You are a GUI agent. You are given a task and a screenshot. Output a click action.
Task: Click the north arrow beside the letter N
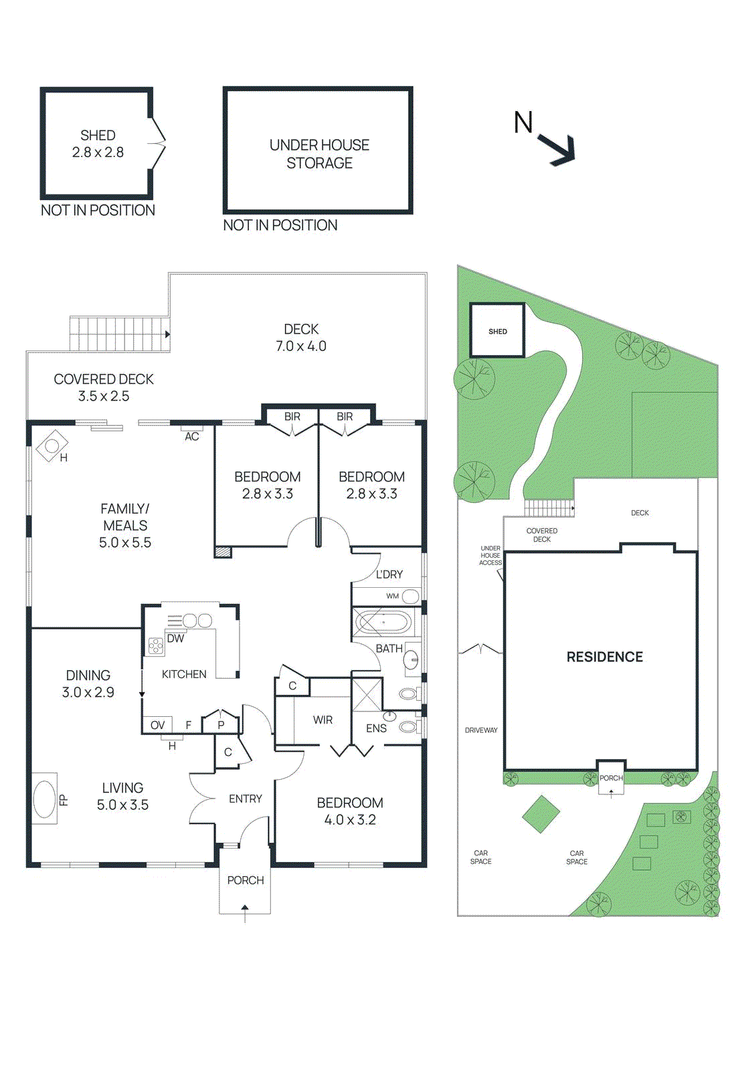pyautogui.click(x=557, y=150)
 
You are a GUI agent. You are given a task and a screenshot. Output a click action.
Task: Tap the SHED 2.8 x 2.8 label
pyautogui.click(x=98, y=144)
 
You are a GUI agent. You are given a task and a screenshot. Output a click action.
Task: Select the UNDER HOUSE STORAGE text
pyautogui.click(x=319, y=154)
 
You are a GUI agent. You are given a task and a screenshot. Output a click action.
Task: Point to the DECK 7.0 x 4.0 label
pyautogui.click(x=301, y=337)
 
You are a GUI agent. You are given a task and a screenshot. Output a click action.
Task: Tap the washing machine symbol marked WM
pyautogui.click(x=410, y=596)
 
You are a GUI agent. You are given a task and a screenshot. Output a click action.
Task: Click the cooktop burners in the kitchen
pyautogui.click(x=156, y=647)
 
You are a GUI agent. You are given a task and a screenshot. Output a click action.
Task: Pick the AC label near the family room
pyautogui.click(x=191, y=436)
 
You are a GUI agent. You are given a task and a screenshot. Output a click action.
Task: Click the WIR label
pyautogui.click(x=322, y=720)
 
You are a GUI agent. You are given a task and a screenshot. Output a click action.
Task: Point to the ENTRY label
pyautogui.click(x=245, y=798)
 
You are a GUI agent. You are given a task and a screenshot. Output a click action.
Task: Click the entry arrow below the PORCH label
pyautogui.click(x=245, y=914)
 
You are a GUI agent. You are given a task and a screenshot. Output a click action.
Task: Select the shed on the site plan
pyautogui.click(x=498, y=330)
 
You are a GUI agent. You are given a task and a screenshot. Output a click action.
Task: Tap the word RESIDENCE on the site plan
pyautogui.click(x=605, y=657)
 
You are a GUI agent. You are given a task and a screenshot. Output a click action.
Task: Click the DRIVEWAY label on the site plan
pyautogui.click(x=481, y=730)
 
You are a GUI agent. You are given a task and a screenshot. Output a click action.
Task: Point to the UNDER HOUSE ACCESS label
pyautogui.click(x=490, y=556)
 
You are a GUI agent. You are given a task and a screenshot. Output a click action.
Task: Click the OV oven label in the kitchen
pyautogui.click(x=157, y=725)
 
